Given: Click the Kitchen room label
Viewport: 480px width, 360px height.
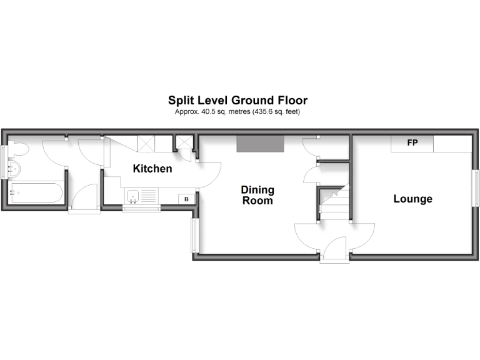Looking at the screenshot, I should pos(152,169).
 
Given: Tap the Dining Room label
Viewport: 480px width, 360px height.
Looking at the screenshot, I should pos(257,195).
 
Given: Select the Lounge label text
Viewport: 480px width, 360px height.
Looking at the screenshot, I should pos(412,199).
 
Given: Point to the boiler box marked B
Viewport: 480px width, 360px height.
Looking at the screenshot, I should pos(186,199).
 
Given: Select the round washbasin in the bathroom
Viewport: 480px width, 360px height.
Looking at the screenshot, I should pos(14,169).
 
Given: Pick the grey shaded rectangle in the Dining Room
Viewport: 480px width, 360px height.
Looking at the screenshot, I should pos(260,144).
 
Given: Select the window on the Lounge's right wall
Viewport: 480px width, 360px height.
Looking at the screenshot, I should pos(476,187).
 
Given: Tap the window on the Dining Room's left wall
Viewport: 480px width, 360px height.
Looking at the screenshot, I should pos(194,235).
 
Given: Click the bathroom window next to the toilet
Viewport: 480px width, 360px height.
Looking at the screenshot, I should pos(4,162).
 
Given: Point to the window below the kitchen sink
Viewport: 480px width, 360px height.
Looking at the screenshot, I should pos(141,209).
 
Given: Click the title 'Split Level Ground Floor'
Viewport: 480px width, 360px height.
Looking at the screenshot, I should pos(237,100).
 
